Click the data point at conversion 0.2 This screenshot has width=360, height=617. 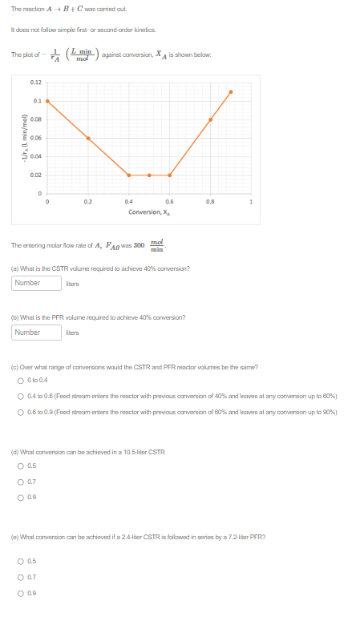[x=88, y=138]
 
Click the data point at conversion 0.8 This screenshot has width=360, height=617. [x=211, y=119]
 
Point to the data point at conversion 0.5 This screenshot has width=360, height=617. [x=150, y=175]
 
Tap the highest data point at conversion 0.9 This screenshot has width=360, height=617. [x=231, y=91]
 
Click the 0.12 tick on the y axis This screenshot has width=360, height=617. [x=36, y=83]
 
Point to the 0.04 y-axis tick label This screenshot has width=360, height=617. [x=36, y=156]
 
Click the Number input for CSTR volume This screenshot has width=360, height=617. [x=38, y=282]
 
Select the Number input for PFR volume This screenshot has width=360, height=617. [x=38, y=332]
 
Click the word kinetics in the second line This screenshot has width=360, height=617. [x=144, y=30]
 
